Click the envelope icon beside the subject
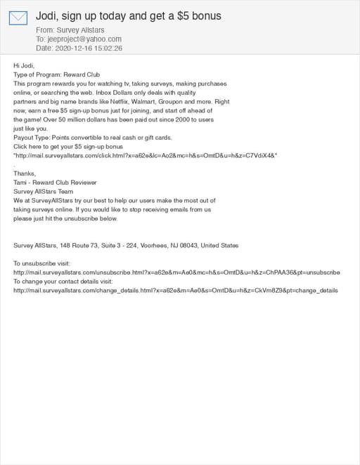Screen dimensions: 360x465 click(x=18, y=18)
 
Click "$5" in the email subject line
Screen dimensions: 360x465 click(x=184, y=15)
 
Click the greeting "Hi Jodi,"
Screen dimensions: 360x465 click(x=24, y=65)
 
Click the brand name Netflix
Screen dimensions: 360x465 click(x=129, y=102)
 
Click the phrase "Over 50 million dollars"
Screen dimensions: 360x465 click(x=82, y=120)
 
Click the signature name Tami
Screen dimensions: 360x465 click(x=20, y=182)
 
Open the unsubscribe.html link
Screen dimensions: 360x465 click(x=176, y=272)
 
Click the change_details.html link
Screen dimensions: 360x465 click(x=176, y=290)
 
